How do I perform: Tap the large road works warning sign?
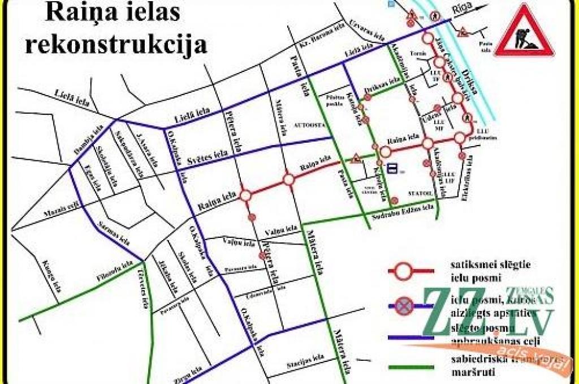(523, 31)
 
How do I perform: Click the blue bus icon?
(393, 168)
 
